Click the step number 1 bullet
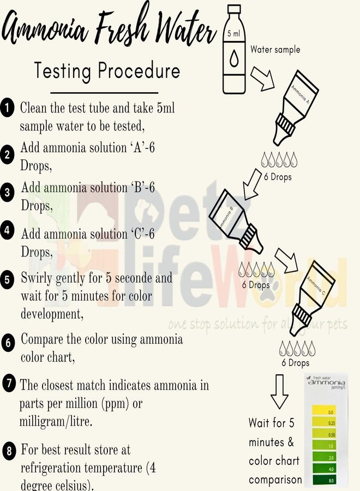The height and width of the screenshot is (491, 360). pos(7,107)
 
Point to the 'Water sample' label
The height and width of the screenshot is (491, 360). pos(275,50)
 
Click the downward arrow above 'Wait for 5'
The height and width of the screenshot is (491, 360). pos(279,391)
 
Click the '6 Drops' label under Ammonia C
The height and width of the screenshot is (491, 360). pos(295,363)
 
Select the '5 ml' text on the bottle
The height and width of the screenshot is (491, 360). pos(233,34)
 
